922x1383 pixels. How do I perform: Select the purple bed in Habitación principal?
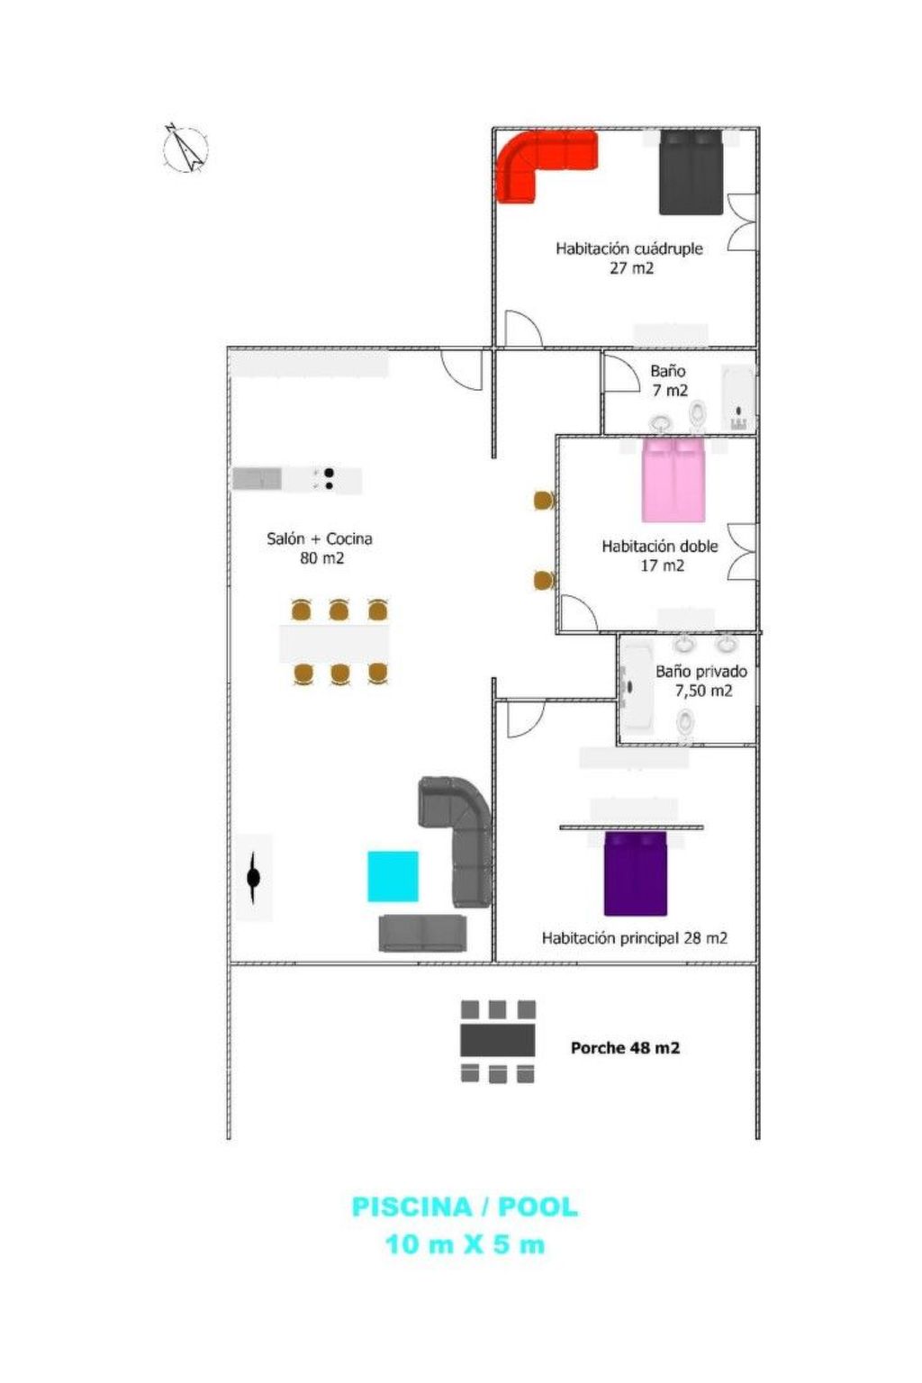point(635,873)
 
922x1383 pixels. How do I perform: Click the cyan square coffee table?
point(393,876)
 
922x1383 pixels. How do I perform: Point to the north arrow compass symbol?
point(185,149)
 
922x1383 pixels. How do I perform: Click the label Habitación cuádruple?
point(628,249)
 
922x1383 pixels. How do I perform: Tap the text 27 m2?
point(631,268)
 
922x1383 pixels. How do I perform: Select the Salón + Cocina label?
point(320,538)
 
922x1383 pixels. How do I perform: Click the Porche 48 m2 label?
point(625,1048)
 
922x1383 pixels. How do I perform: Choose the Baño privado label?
point(701,672)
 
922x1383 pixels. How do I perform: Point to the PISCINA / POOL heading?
point(464,1207)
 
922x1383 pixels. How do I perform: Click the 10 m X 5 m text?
point(465,1244)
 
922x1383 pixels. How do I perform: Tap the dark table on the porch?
point(498,1041)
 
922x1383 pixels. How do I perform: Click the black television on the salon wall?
point(254,876)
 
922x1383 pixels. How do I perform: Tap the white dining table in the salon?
point(334,643)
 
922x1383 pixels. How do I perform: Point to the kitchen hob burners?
point(329,479)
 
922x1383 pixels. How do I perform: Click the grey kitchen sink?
point(258,478)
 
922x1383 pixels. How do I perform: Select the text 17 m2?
point(662,565)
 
